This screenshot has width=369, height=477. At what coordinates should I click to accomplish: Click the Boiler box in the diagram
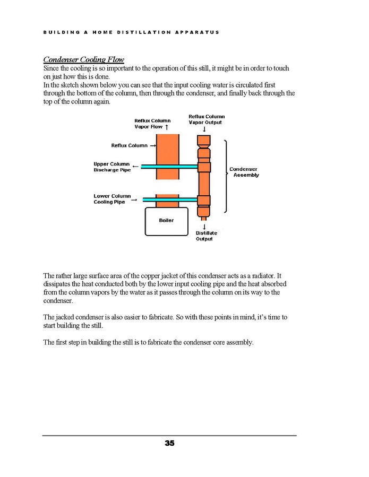(166, 221)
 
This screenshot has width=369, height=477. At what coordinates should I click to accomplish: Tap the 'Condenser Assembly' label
(244, 172)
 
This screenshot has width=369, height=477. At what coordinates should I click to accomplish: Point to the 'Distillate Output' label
(206, 236)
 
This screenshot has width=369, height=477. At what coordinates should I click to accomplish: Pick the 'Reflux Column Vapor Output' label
(207, 119)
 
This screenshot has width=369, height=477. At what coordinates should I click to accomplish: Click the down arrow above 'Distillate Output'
(204, 227)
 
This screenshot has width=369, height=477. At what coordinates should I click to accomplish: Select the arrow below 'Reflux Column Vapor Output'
(204, 129)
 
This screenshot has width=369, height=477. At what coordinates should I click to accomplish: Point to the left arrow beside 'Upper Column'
(136, 167)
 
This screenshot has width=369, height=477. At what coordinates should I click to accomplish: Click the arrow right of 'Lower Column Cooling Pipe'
(134, 200)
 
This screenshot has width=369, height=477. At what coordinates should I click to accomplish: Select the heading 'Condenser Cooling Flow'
(83, 59)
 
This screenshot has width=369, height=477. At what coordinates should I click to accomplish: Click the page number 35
(169, 443)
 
